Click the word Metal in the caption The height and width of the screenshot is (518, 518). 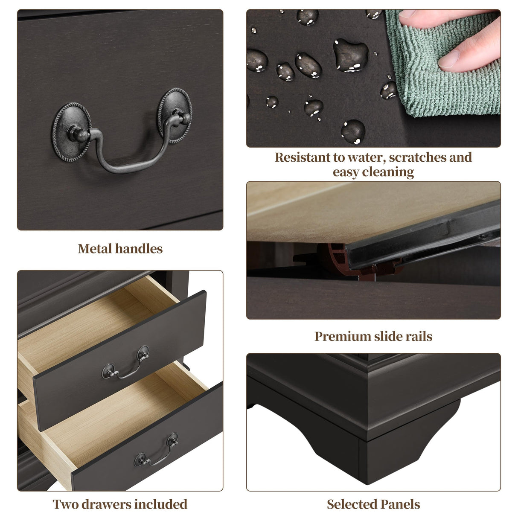point(95,249)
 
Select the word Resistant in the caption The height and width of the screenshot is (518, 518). point(303,157)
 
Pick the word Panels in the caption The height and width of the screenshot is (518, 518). point(396,504)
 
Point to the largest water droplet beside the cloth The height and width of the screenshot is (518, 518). point(351,55)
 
